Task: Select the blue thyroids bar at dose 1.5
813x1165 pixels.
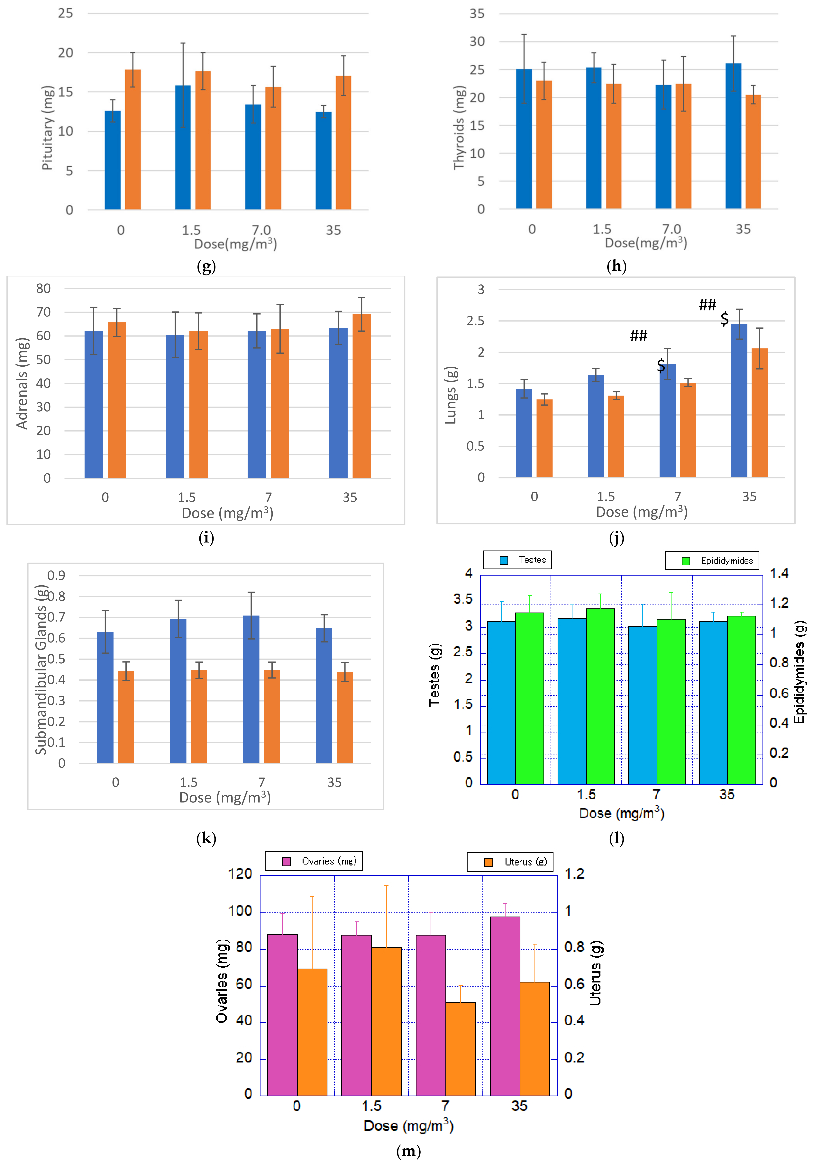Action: click(593, 138)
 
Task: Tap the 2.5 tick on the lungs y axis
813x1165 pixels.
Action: click(475, 321)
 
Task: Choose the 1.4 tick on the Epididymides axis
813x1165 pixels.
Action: click(779, 573)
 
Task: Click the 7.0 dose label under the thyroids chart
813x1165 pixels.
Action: click(671, 229)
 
